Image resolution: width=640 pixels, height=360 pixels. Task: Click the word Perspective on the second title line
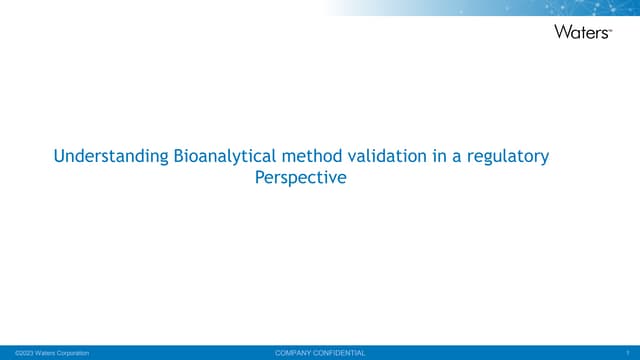[301, 180]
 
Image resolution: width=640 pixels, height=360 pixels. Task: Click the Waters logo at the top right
[581, 31]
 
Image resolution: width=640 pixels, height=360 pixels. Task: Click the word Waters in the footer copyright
[39, 353]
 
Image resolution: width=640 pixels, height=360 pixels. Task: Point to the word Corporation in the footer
[70, 353]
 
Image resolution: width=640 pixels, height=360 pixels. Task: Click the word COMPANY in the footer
[296, 353]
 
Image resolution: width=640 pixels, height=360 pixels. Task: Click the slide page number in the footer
[625, 353]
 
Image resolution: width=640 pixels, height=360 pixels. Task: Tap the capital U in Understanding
[58, 158]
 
